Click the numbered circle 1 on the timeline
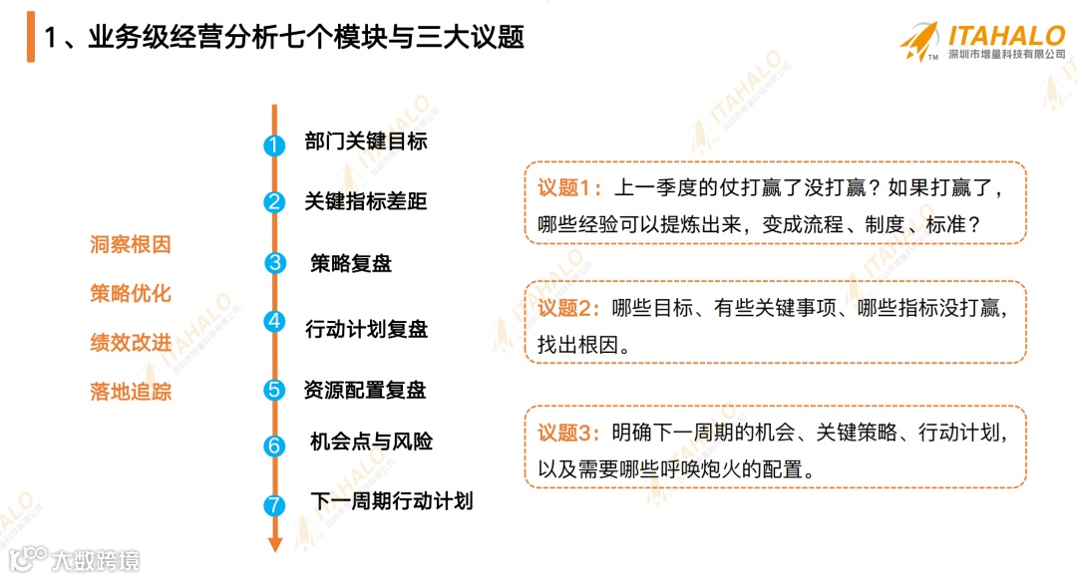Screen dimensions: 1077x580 274,145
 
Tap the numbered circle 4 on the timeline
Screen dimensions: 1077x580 274,321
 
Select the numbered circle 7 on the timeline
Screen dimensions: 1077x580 274,505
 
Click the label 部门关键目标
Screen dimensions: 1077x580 366,142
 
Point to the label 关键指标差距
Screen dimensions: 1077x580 366,201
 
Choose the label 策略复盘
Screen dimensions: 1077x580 351,264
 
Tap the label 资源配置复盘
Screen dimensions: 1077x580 365,390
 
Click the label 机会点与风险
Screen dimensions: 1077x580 371,440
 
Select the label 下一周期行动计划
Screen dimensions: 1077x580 391,500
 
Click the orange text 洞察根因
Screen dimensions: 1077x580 131,245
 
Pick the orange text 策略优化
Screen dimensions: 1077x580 131,294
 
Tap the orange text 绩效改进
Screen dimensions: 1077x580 131,343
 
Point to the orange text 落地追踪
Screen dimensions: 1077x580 131,392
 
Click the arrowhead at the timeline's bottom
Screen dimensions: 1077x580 275,544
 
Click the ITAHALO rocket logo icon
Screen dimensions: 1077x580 918,41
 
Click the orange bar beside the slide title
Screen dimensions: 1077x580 30,37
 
